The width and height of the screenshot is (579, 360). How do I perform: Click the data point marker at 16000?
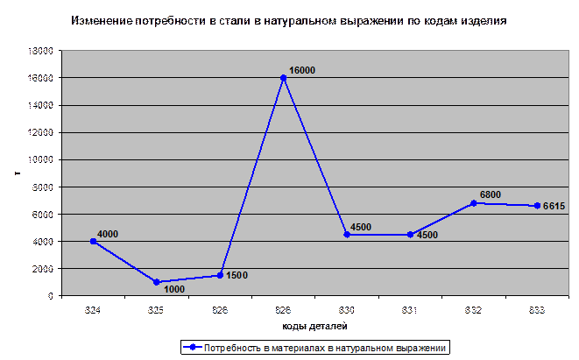point(284,78)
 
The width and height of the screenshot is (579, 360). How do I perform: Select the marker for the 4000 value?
point(94,241)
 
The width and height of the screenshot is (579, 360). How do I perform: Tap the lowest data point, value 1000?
point(157,282)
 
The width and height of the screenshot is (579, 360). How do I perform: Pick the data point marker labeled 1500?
point(221,275)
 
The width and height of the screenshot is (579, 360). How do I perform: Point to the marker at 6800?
point(474,203)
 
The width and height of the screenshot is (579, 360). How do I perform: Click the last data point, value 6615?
point(536,206)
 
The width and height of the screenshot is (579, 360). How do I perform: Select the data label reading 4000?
point(108,234)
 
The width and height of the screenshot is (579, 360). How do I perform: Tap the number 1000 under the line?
point(174,290)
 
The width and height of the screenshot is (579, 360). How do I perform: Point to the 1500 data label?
point(237,275)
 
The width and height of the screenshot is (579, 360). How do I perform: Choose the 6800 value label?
point(490,194)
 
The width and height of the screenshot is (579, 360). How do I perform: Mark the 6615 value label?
point(554,206)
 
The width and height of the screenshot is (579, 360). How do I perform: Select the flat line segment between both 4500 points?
point(378,235)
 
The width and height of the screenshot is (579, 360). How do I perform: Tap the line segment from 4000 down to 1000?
point(125,261)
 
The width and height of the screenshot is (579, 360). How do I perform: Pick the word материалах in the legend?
point(300,348)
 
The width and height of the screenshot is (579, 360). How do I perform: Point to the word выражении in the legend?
point(426,348)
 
